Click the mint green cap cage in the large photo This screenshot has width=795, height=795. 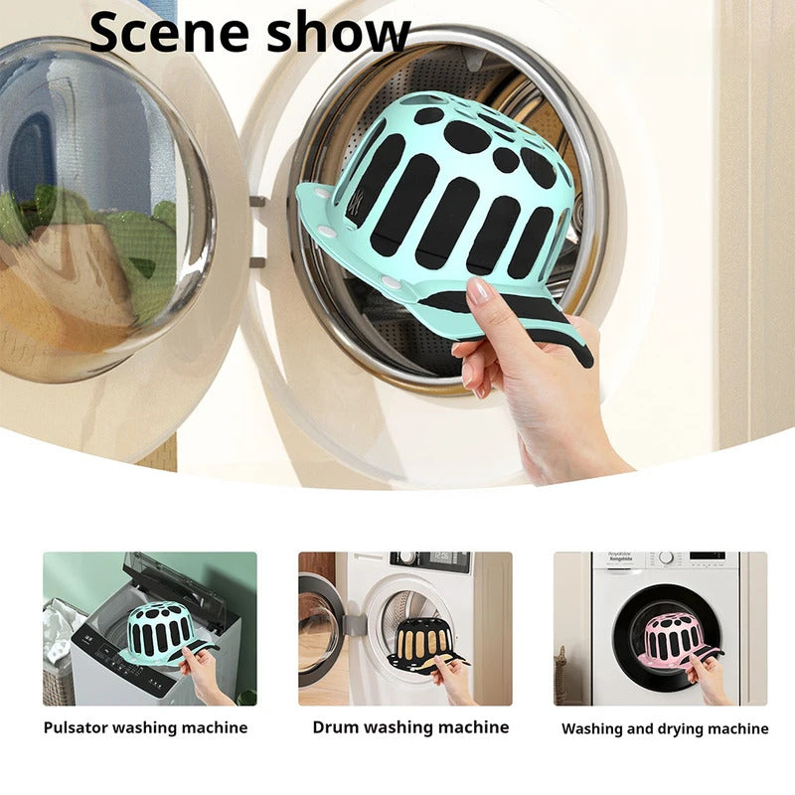click(x=447, y=189)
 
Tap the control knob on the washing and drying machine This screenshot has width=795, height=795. click(x=665, y=558)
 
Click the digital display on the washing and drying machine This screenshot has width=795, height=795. click(x=707, y=556)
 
